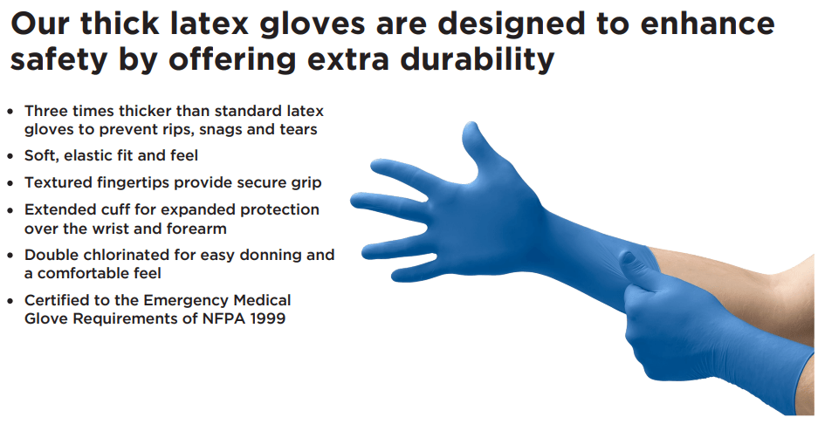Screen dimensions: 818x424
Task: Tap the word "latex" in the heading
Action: (208, 24)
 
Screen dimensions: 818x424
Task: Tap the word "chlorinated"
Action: (137, 255)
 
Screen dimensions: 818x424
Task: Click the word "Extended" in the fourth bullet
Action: (59, 209)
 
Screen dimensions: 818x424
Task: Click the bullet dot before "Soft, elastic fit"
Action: (10, 156)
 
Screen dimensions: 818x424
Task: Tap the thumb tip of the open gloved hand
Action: (471, 127)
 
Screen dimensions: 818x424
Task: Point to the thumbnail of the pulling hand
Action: (627, 257)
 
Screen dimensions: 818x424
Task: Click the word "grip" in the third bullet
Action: (306, 183)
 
